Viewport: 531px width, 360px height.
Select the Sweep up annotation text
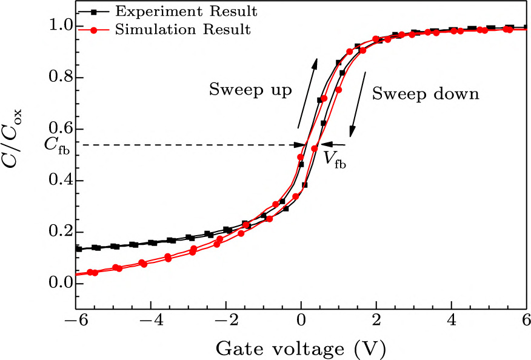[250, 90]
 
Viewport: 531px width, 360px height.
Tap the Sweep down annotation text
[426, 94]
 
